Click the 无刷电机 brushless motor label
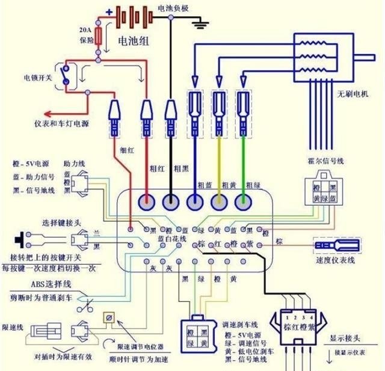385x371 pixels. [355, 94]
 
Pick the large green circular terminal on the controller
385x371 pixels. [243, 203]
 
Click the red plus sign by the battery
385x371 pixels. [109, 12]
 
